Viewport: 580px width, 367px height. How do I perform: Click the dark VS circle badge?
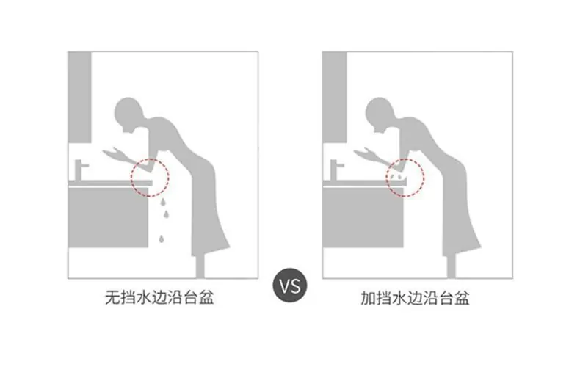coord(290,286)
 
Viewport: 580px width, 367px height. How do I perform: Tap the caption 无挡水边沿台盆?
coord(159,297)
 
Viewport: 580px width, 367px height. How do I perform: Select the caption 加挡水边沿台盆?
coord(415,298)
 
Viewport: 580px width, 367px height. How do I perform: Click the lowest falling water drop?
coord(162,239)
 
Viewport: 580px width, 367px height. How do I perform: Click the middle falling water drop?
coord(167,214)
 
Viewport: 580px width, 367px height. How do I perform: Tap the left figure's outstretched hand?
coord(114,153)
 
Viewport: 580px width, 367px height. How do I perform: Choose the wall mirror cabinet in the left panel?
coord(79,98)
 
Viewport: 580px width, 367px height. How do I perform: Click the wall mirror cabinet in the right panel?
coord(334,98)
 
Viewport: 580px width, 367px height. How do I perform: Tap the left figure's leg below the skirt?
coord(200,266)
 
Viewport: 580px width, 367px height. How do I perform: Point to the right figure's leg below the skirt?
coord(452,266)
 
